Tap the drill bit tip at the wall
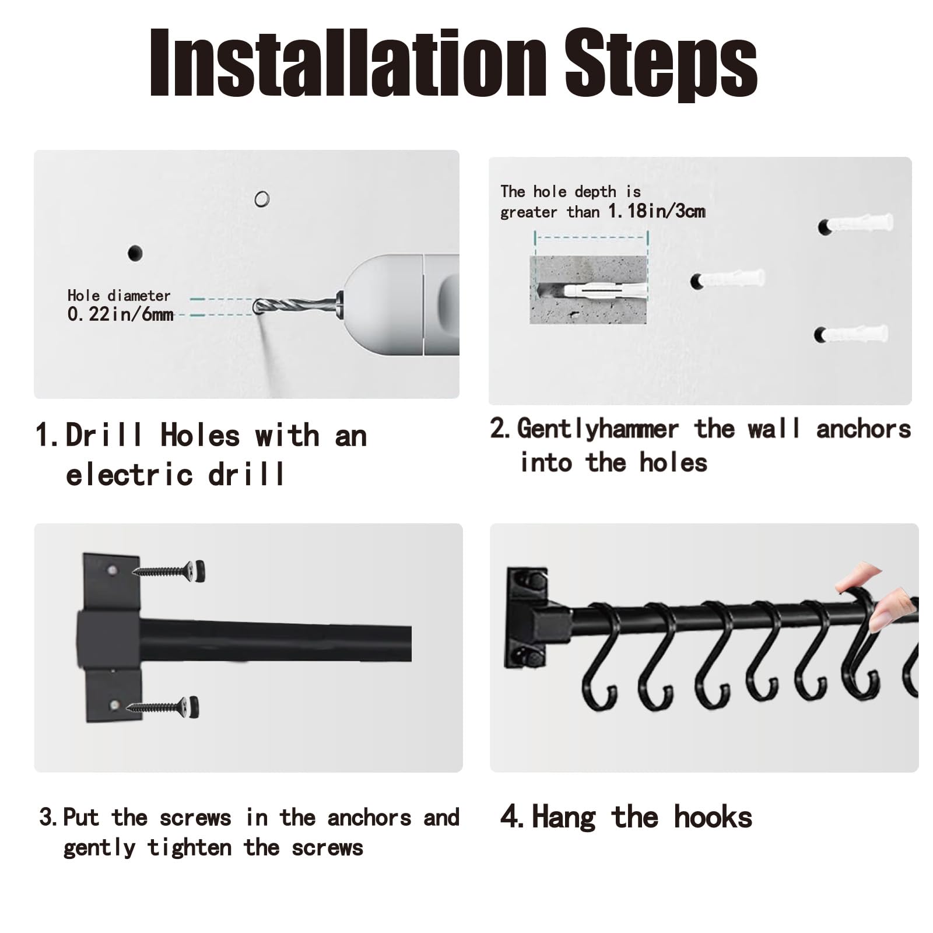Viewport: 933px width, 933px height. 257,307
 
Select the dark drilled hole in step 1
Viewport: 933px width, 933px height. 135,253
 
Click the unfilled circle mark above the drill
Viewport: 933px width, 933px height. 262,199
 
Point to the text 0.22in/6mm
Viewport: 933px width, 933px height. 121,314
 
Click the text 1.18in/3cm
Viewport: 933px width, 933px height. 657,211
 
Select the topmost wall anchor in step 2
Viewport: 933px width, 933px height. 856,224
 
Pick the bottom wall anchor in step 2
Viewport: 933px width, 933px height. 851,334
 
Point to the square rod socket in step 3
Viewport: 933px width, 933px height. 109,638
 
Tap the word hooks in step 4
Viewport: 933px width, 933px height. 713,817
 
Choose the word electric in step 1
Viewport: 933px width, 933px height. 129,474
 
